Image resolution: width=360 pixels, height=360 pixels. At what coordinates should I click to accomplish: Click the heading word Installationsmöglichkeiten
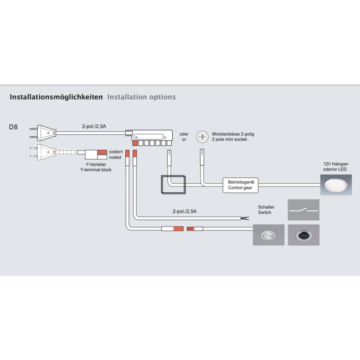[56, 97]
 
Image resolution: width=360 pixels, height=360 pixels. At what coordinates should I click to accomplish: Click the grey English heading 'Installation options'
[141, 97]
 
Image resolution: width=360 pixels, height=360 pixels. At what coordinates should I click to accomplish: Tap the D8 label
[13, 127]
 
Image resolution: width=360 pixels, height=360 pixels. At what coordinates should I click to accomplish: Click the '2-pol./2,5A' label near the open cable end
[184, 212]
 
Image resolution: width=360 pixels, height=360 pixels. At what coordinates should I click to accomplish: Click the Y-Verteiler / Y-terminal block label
[95, 167]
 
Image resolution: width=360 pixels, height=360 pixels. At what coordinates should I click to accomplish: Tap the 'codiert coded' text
[115, 155]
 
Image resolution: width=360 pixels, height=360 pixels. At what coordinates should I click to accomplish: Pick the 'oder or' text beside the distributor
[184, 136]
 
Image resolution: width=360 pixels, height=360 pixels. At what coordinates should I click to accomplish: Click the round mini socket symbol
[203, 136]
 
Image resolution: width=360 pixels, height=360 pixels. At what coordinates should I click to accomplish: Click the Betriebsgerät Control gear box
[239, 185]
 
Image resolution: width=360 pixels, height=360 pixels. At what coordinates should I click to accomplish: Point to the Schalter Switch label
[266, 210]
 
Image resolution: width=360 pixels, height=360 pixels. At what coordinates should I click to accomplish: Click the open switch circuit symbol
[304, 210]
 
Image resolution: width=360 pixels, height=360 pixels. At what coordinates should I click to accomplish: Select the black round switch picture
[304, 235]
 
